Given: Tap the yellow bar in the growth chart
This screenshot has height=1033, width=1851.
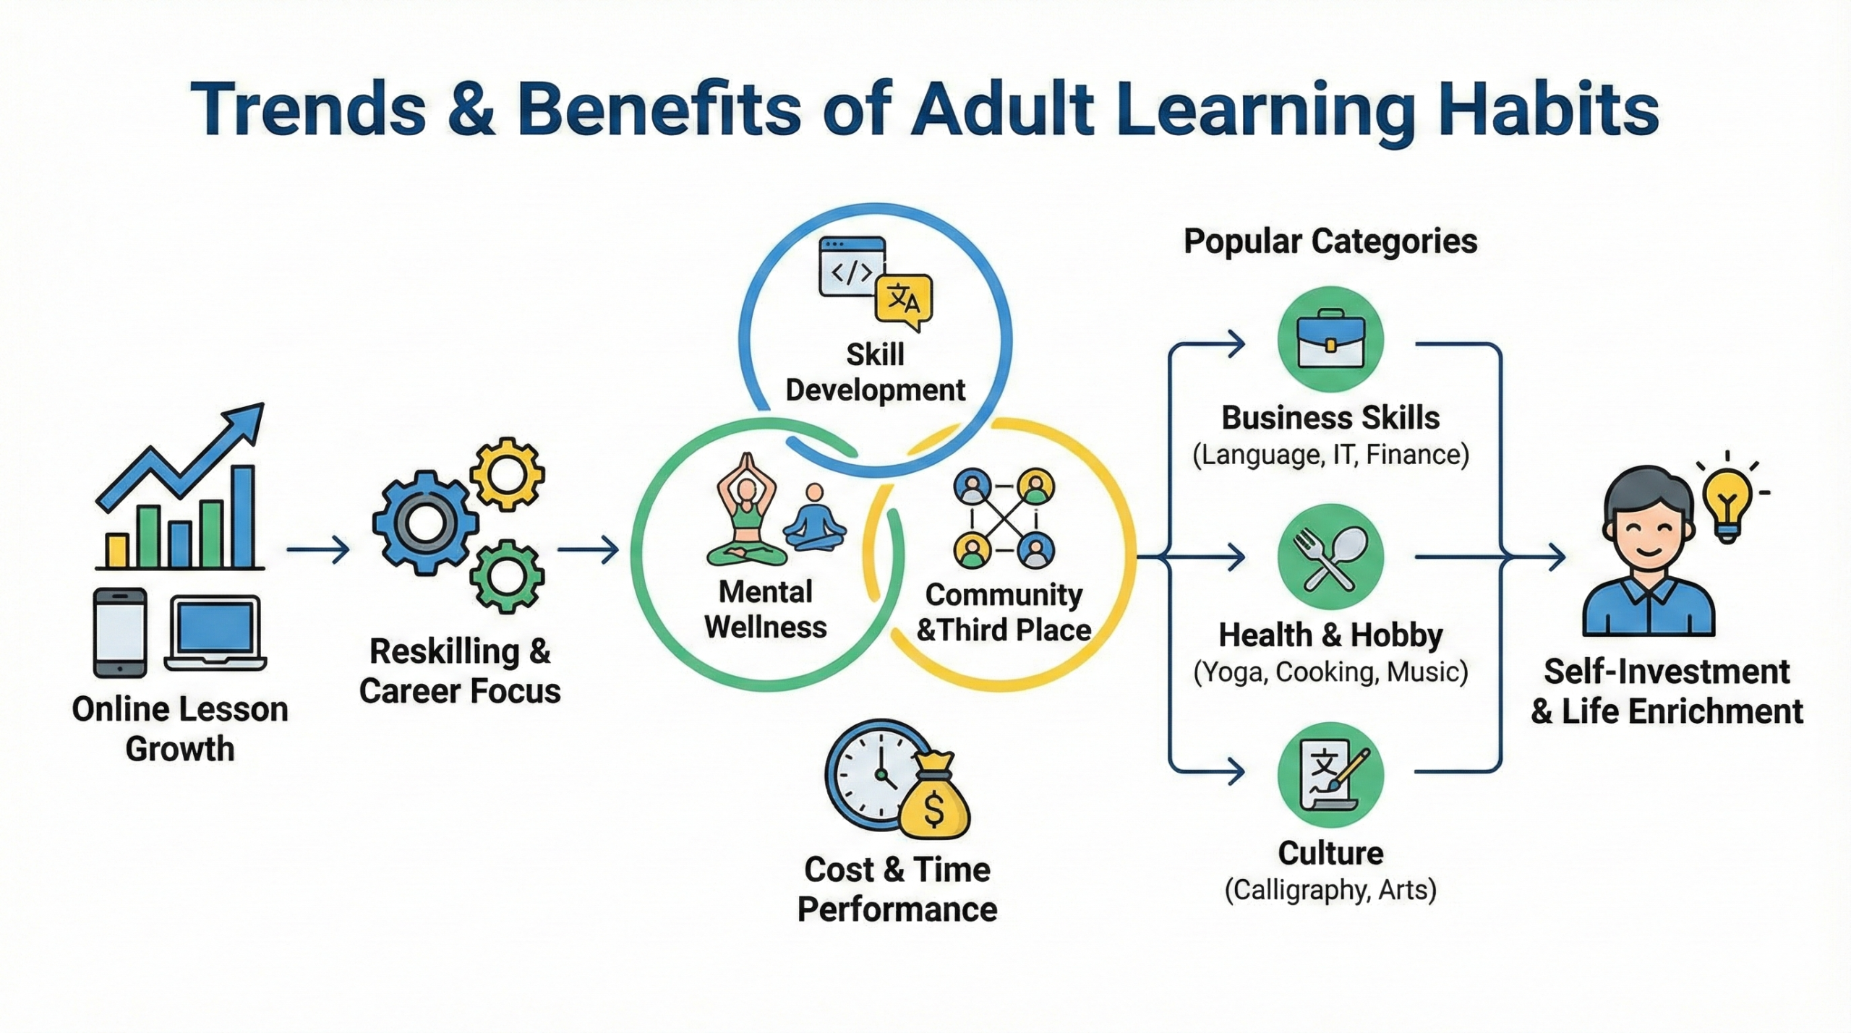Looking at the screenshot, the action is click(x=117, y=550).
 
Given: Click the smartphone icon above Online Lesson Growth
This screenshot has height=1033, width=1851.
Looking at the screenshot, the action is click(x=120, y=633).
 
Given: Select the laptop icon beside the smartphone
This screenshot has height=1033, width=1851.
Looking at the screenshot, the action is click(x=215, y=633).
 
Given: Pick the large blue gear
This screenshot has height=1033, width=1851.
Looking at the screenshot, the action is click(x=425, y=522).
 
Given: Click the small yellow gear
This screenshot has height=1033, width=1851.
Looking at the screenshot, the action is click(x=507, y=475).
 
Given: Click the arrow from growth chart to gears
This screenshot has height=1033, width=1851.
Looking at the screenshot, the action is click(x=318, y=550).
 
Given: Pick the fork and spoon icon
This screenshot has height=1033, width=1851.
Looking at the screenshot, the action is click(x=1330, y=557).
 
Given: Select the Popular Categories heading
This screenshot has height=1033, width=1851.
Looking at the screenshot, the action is click(x=1330, y=241).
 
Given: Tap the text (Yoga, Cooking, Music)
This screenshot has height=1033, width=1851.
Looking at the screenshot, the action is click(x=1330, y=672).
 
